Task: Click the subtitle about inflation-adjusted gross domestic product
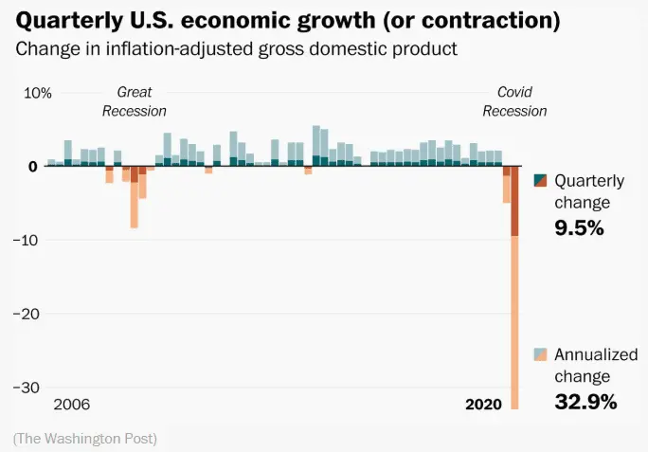coord(237,49)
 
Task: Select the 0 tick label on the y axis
coord(32,167)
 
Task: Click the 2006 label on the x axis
coord(72,405)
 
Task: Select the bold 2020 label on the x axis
coord(483,405)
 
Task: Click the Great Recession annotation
coord(134,101)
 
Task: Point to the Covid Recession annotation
coord(514,101)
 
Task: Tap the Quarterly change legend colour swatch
coord(541,181)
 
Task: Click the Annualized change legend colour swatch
coord(541,355)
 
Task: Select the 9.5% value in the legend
coord(579,227)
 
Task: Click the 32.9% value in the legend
coord(585,402)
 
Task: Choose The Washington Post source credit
coord(85,439)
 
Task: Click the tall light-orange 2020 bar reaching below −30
coord(515,322)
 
